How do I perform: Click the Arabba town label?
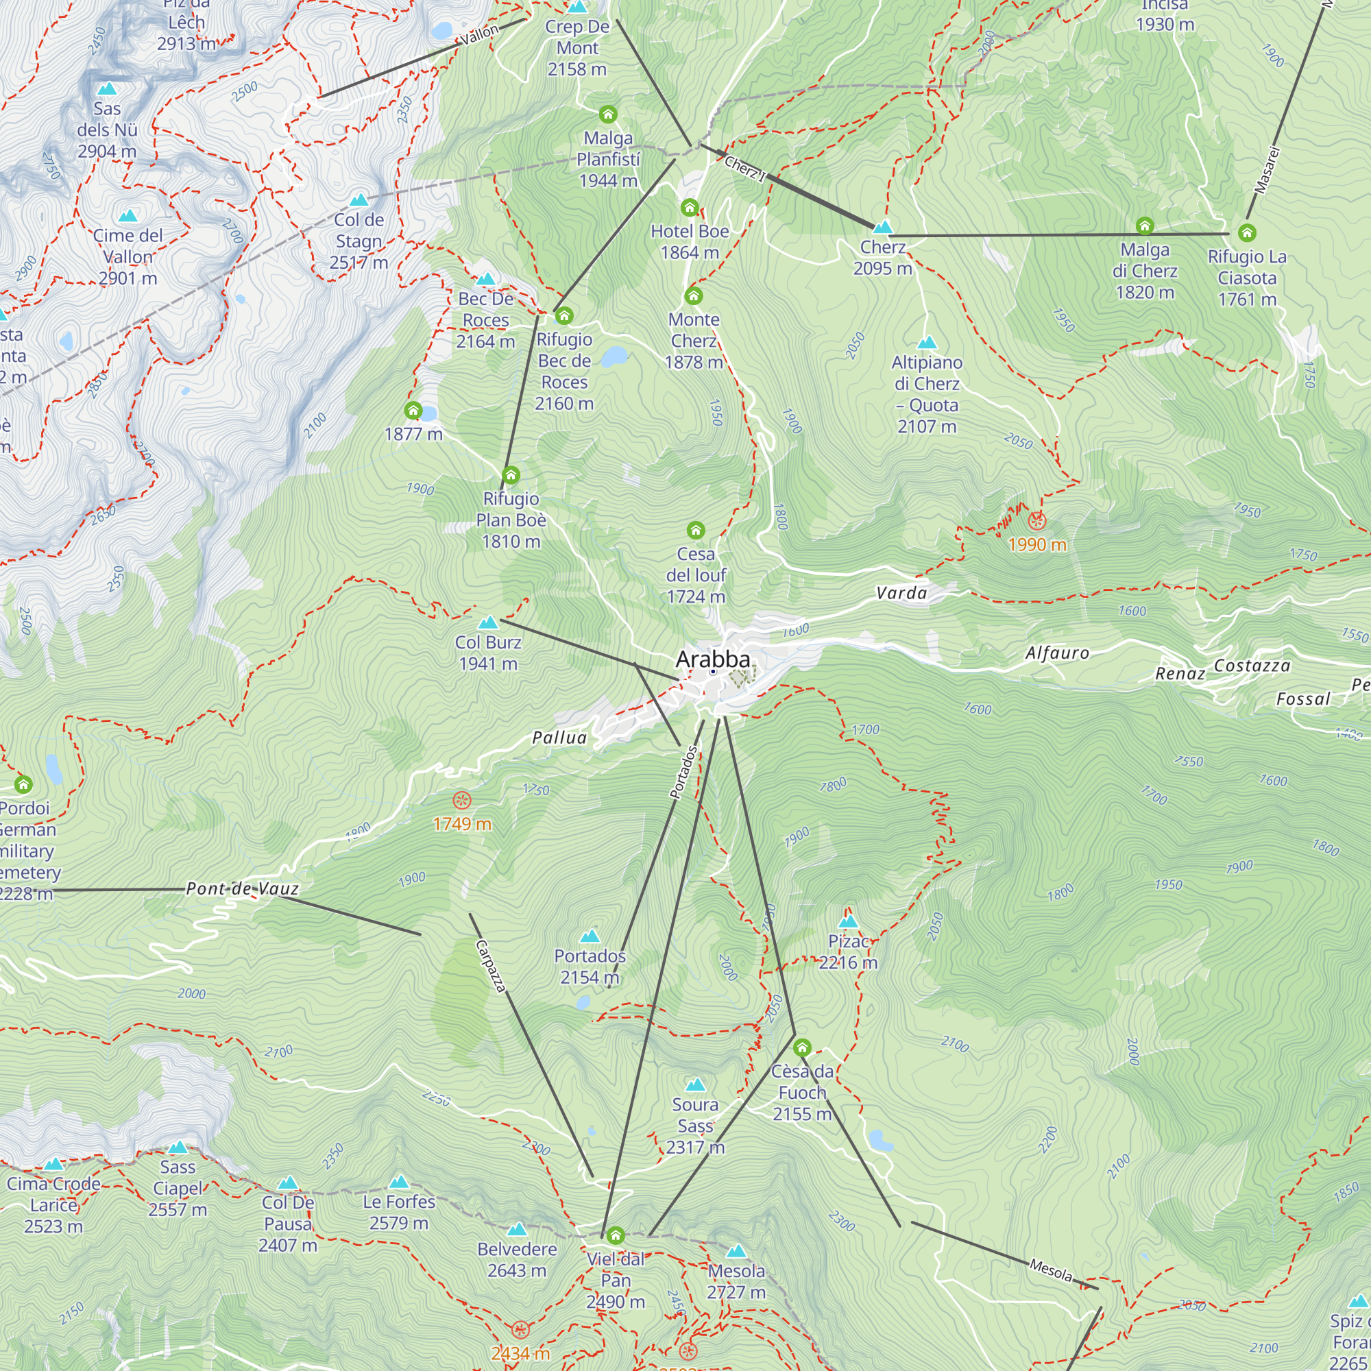pyautogui.click(x=712, y=659)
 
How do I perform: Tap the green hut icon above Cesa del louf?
pyautogui.click(x=695, y=530)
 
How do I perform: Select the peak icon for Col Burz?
pyautogui.click(x=487, y=623)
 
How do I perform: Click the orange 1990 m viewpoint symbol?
pyautogui.click(x=1036, y=522)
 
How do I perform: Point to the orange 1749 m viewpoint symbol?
pyautogui.click(x=462, y=801)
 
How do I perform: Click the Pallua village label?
pyautogui.click(x=559, y=738)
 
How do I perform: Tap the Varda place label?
pyautogui.click(x=901, y=593)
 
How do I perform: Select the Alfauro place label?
pyautogui.click(x=1056, y=653)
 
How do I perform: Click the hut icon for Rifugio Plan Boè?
pyautogui.click(x=511, y=475)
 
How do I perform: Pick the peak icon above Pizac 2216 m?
pyautogui.click(x=848, y=922)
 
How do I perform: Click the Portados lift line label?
pyautogui.click(x=684, y=772)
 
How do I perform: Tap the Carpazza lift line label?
pyautogui.click(x=490, y=966)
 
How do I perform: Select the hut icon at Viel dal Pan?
pyautogui.click(x=616, y=1235)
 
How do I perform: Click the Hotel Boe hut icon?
pyautogui.click(x=690, y=207)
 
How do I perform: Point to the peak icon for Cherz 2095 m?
pyautogui.click(x=882, y=227)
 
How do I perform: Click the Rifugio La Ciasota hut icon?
pyautogui.click(x=1247, y=233)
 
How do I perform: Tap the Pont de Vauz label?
pyautogui.click(x=242, y=889)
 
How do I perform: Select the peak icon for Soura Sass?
pyautogui.click(x=695, y=1085)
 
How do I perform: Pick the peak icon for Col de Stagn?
pyautogui.click(x=359, y=200)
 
